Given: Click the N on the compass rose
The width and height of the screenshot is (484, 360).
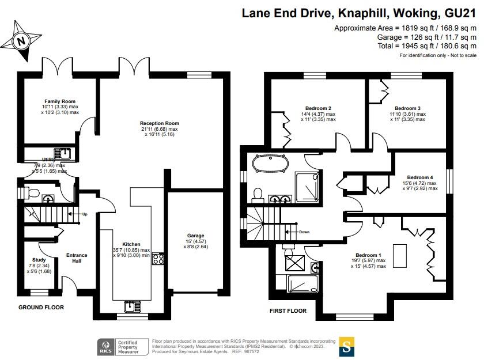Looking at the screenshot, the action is [21, 41].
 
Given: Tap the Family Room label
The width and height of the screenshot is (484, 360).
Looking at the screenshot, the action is [60, 101].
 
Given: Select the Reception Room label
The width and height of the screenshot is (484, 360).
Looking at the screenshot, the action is [159, 123].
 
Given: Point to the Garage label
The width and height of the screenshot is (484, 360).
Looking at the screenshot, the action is [195, 236].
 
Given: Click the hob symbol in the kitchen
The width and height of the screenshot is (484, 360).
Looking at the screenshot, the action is [158, 259].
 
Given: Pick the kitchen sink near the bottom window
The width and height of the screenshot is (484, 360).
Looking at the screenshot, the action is [132, 306].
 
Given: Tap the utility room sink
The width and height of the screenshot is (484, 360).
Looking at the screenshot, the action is [62, 153].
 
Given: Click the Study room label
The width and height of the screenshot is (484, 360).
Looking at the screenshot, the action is [39, 260].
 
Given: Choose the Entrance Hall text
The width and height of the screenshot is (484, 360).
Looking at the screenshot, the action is [77, 258].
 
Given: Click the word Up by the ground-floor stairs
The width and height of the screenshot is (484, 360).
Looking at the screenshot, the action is [85, 214].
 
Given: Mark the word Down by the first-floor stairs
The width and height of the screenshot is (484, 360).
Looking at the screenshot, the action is [304, 232].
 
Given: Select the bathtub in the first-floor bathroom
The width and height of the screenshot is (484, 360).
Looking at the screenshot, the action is [270, 163].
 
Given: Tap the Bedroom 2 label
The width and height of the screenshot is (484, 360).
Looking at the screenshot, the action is [318, 108].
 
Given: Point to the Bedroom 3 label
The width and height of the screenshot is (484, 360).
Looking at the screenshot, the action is [407, 108].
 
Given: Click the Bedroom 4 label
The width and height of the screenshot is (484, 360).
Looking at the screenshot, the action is [420, 177].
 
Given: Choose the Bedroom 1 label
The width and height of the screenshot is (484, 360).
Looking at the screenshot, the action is [368, 255].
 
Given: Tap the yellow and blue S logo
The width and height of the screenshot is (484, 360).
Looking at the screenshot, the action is [347, 347].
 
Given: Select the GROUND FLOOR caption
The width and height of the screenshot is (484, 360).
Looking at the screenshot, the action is [41, 307].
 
